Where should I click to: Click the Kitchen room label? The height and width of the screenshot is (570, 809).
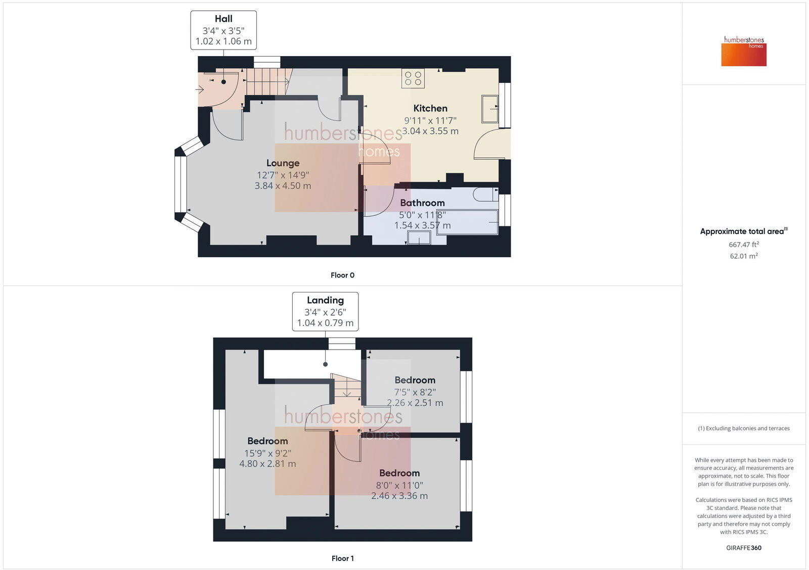tap(430, 108)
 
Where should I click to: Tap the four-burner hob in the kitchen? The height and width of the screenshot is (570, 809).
tap(413, 78)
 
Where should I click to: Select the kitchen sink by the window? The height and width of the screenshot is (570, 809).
tap(489, 109)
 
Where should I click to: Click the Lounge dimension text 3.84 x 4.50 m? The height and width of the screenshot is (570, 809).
tap(283, 186)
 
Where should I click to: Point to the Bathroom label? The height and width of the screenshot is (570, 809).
tap(422, 203)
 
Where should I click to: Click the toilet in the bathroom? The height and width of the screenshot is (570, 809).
tap(485, 195)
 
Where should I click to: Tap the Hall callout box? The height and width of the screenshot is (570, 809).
tap(223, 30)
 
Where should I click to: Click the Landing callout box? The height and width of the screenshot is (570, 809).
tap(325, 311)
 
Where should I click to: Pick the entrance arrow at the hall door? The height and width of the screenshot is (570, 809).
tap(200, 90)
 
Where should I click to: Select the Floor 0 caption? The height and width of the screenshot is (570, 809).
tap(342, 275)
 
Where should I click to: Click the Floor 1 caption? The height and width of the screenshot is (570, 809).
tap(342, 558)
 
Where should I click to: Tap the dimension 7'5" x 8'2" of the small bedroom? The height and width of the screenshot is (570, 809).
tap(415, 392)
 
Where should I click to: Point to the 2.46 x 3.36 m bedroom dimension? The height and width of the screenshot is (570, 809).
tap(399, 496)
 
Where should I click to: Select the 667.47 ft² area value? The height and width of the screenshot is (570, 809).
tap(743, 245)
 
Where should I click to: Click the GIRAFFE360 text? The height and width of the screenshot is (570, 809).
tap(743, 548)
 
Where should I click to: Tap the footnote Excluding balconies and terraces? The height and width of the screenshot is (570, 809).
tap(743, 429)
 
